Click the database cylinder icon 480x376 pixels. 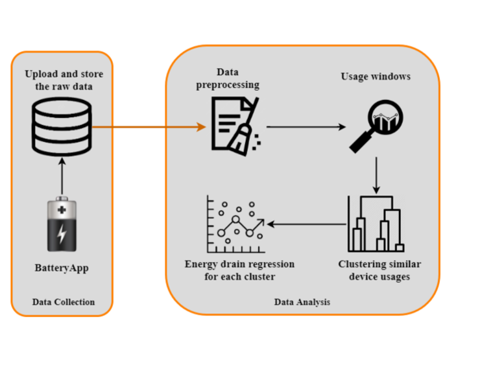(62, 127)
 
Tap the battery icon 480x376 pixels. (62, 224)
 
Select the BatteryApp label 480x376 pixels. (62, 268)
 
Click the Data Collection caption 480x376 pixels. (64, 302)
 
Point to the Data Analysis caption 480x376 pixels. (302, 302)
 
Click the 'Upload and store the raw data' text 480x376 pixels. (64, 79)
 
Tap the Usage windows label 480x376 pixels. (376, 77)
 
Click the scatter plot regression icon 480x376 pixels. (234, 224)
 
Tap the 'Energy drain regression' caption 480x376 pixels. (239, 270)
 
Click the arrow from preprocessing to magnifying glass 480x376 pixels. (306, 127)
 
